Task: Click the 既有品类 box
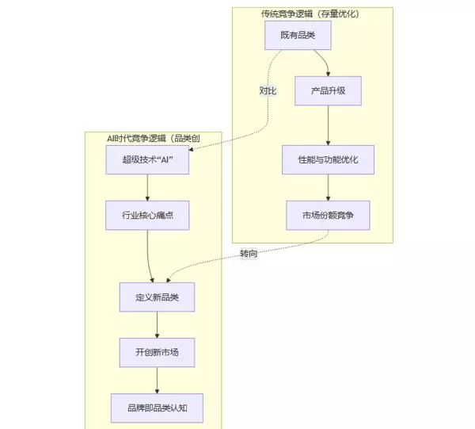point(297,36)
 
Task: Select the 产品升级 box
point(328,90)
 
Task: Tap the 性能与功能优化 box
point(328,159)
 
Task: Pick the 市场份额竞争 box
point(328,215)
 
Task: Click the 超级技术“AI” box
point(148,159)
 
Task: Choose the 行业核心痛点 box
point(148,215)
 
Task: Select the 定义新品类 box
point(157,297)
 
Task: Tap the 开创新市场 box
point(157,353)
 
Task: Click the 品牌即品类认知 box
point(157,408)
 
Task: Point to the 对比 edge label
point(268,90)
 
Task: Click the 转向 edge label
point(249,254)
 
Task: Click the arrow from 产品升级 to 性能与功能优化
point(328,124)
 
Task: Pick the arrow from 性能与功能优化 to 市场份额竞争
point(328,187)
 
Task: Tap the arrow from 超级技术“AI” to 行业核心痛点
point(148,187)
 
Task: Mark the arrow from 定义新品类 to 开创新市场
point(157,325)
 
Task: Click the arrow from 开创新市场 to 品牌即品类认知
point(157,381)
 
